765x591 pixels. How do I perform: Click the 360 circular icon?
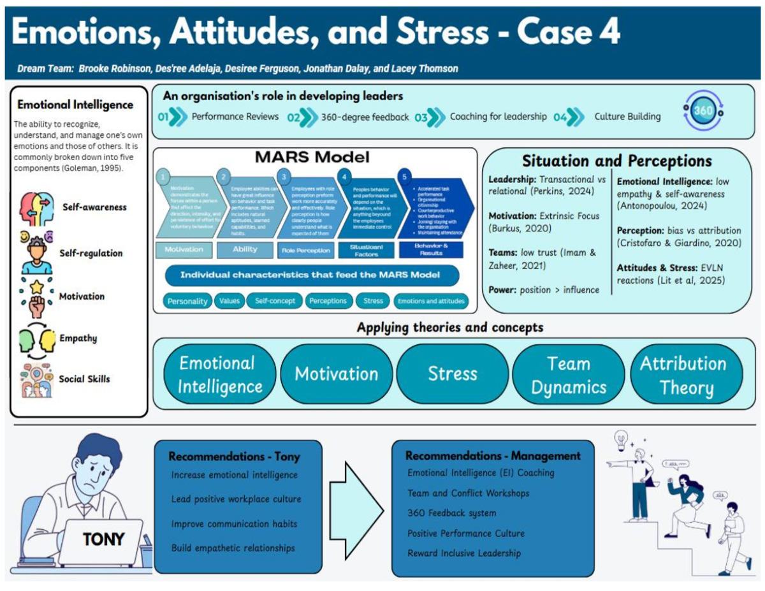(703, 111)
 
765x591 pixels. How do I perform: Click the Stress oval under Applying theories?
(453, 374)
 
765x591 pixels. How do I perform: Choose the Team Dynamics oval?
(569, 375)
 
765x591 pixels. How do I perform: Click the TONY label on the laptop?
(103, 539)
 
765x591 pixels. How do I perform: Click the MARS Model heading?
(312, 157)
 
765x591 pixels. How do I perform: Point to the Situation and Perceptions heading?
(616, 161)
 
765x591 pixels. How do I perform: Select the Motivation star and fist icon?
(36, 296)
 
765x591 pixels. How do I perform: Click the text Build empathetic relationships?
(233, 548)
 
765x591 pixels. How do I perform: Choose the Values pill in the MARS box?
(229, 301)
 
